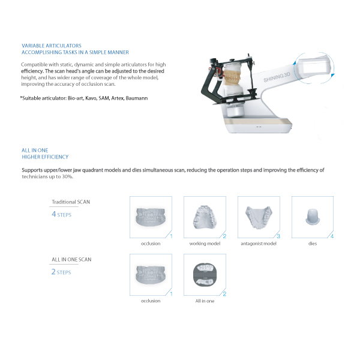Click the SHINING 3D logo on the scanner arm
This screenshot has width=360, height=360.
click(x=277, y=77)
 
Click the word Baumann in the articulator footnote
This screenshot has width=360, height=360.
click(x=137, y=98)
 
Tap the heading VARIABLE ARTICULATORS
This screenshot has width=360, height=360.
click(x=52, y=46)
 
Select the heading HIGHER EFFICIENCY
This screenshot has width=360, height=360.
click(x=45, y=157)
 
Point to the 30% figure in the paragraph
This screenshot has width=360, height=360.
click(x=67, y=177)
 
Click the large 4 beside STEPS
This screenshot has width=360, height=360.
click(x=54, y=214)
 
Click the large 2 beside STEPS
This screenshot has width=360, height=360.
click(x=53, y=272)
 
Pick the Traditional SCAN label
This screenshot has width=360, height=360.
click(x=71, y=202)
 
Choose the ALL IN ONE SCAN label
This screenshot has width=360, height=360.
click(x=71, y=260)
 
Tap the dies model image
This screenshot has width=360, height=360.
click(x=313, y=217)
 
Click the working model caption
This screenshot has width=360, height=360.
click(x=205, y=244)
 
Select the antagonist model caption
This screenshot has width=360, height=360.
click(x=259, y=244)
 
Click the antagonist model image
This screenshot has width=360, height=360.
click(x=259, y=217)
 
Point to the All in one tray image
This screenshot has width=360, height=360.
click(x=205, y=275)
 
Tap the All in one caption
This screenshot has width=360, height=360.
click(x=205, y=301)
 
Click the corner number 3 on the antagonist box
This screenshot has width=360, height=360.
click(x=278, y=236)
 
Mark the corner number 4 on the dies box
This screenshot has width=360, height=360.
click(x=332, y=236)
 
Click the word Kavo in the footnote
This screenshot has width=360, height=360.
click(x=91, y=98)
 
